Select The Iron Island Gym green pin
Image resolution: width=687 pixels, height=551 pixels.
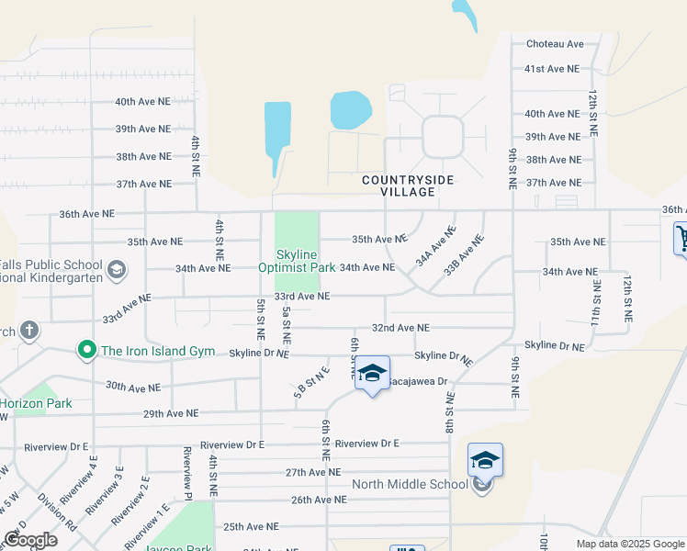tap(86, 350)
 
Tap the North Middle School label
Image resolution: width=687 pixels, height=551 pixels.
tap(410, 485)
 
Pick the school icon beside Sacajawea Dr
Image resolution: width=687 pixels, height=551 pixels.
tap(372, 374)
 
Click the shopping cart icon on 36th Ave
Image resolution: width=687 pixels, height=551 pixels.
tap(681, 239)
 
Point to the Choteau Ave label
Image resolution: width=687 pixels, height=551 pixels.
tap(555, 43)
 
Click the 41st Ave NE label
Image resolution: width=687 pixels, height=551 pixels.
tap(551, 69)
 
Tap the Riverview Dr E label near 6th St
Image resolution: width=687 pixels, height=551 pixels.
tap(367, 444)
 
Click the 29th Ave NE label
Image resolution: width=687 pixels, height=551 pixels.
tap(171, 414)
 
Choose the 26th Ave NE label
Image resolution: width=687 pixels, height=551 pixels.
tap(319, 500)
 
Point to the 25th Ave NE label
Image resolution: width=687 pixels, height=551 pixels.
tap(251, 527)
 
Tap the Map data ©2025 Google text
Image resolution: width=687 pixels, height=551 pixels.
tap(629, 545)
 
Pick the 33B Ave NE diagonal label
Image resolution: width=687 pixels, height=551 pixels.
tap(463, 255)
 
